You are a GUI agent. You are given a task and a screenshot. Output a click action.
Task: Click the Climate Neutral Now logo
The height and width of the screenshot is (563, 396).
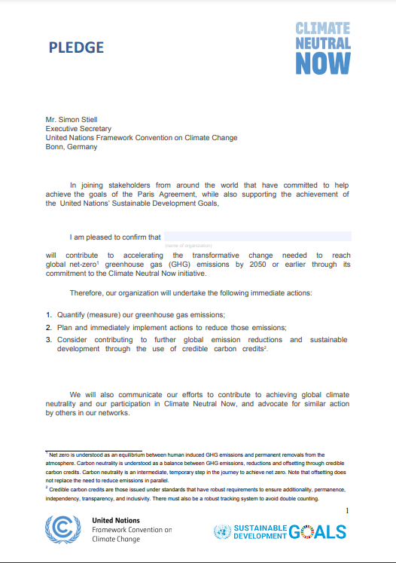(x=323, y=47)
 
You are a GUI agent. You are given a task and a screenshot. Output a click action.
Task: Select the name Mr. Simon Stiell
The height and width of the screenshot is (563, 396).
(x=76, y=119)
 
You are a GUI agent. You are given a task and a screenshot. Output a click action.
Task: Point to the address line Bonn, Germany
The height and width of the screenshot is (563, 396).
(x=72, y=147)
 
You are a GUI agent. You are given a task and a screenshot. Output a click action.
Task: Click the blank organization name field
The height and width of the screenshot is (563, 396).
(x=257, y=237)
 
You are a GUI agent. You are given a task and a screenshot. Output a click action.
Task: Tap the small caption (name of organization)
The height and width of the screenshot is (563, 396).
(x=188, y=246)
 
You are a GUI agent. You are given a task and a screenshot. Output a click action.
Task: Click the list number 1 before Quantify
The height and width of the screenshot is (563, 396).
(x=48, y=314)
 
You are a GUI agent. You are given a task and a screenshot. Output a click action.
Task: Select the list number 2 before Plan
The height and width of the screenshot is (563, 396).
(x=48, y=327)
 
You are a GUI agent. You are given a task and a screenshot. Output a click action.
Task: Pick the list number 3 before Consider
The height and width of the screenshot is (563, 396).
(x=48, y=340)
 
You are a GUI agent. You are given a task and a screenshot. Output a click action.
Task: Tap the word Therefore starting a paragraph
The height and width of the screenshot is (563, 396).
(x=88, y=292)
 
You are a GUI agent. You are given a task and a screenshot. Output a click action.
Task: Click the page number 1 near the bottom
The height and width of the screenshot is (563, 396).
(x=347, y=512)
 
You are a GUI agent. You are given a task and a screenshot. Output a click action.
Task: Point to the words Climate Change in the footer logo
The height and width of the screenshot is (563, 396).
(x=117, y=540)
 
